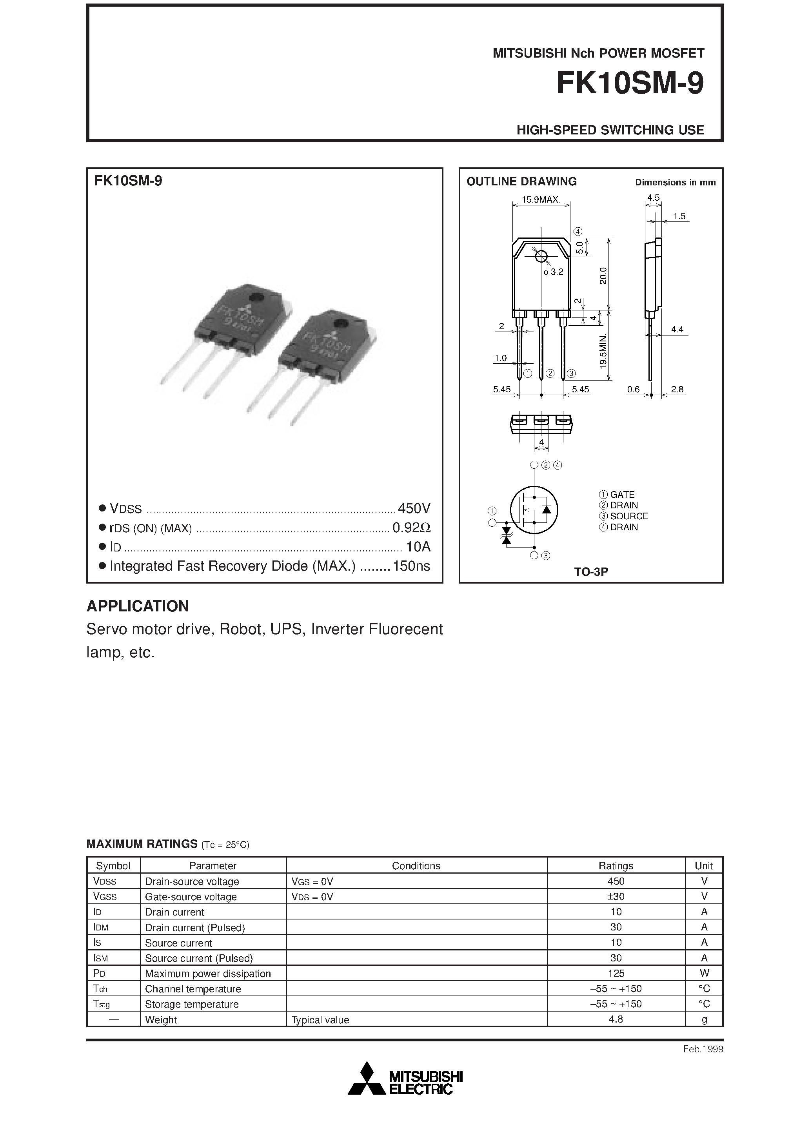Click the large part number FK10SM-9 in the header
(x=630, y=84)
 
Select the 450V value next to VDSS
(x=414, y=508)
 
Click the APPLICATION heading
(x=138, y=606)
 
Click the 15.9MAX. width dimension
(x=541, y=199)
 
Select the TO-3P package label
(x=591, y=572)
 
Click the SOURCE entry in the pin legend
(x=629, y=516)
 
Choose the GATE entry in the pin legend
(x=622, y=495)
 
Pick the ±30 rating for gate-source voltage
(x=616, y=896)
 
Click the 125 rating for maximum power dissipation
(x=616, y=973)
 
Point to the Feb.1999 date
(x=703, y=1049)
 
